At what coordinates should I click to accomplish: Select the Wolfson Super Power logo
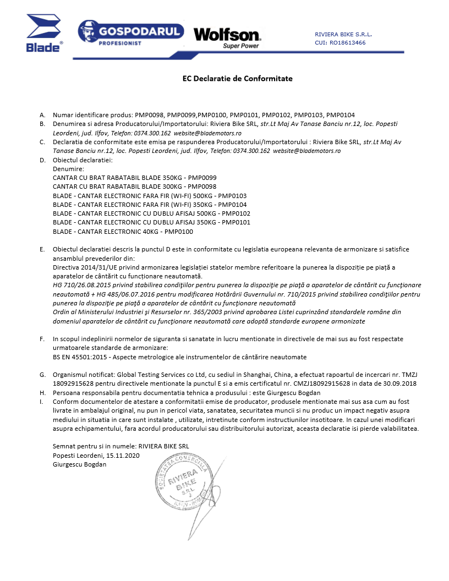pyautogui.click(x=227, y=37)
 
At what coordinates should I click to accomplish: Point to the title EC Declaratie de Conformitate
pyautogui.click(x=237, y=79)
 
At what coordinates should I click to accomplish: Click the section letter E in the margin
pyautogui.click(x=42, y=249)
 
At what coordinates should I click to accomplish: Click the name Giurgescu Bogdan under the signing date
pyautogui.click(x=79, y=464)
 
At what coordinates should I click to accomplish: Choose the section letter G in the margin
pyautogui.click(x=42, y=375)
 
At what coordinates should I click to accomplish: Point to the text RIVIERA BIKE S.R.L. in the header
pyautogui.click(x=343, y=34)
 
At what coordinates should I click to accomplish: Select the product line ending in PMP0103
pyautogui.click(x=149, y=195)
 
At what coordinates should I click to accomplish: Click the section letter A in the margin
pyautogui.click(x=42, y=115)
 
